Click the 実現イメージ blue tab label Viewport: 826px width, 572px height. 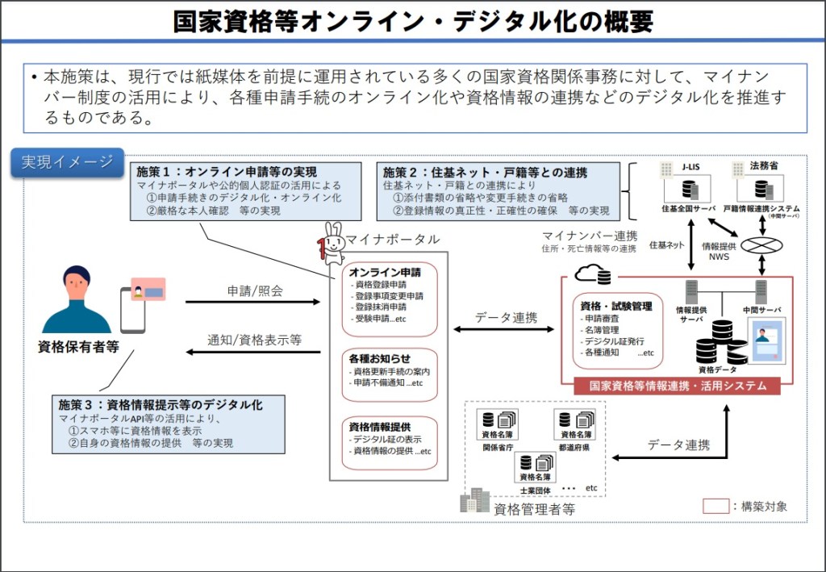pos(67,162)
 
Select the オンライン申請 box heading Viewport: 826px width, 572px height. pos(385,273)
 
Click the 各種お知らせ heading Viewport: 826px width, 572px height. pos(380,357)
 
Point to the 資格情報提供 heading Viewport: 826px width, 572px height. pos(380,425)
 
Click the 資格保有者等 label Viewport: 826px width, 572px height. pos(78,347)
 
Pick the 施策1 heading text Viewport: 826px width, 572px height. pos(227,172)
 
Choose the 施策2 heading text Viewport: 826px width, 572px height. pos(485,172)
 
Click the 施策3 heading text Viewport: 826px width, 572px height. pos(161,404)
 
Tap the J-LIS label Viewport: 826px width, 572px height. pos(689,166)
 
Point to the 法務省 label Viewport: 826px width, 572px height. pos(763,166)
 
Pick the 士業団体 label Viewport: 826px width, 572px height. pos(535,490)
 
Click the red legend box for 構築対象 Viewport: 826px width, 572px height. pos(715,507)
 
